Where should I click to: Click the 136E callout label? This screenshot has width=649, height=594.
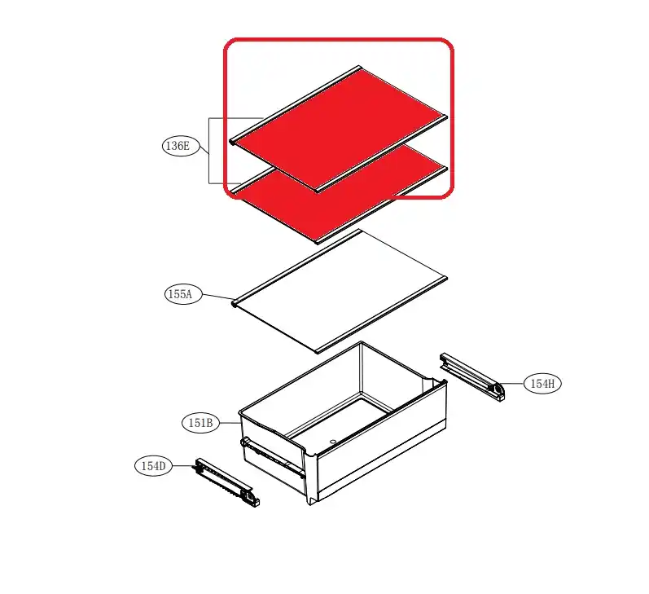point(181,146)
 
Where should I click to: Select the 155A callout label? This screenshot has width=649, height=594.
point(183,294)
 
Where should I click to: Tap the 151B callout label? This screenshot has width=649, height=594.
point(201,423)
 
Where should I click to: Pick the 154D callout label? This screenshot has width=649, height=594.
point(154,466)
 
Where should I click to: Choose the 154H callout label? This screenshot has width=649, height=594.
point(542,384)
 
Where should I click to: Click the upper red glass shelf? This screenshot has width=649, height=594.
point(340,129)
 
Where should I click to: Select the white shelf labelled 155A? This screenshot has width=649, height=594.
point(340,292)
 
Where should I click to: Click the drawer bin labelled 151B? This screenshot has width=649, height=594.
point(343,423)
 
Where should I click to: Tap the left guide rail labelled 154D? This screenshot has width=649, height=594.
point(227,482)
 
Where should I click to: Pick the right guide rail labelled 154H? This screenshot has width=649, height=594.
point(471,376)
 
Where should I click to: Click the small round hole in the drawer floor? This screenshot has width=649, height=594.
point(332,442)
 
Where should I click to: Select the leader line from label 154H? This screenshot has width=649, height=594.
point(512,384)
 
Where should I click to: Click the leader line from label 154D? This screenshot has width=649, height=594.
point(184,466)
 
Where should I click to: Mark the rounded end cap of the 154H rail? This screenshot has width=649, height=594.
point(497,391)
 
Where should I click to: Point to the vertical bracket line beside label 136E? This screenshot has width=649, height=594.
point(209,151)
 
